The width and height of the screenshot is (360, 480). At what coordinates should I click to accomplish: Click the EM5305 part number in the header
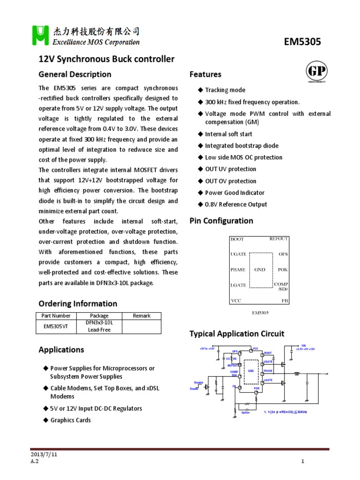[x=302, y=42]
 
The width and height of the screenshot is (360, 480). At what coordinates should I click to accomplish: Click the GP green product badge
[x=316, y=73]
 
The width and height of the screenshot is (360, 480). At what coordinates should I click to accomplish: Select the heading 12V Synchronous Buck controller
[x=106, y=60]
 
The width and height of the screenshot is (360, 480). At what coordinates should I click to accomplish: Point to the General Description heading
[x=75, y=75]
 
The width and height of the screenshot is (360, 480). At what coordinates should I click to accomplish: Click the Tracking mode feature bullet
[x=225, y=90]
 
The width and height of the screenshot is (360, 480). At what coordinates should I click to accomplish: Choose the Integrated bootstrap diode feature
[x=241, y=146]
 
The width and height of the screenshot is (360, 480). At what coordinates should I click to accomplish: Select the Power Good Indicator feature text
[x=234, y=193]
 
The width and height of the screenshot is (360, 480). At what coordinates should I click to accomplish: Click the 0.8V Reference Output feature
[x=236, y=204]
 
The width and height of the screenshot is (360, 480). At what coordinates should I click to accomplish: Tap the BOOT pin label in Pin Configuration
[x=237, y=239]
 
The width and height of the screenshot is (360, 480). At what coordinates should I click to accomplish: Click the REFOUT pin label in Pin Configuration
[x=278, y=239]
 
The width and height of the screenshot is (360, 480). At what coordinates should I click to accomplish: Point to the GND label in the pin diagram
[x=260, y=270]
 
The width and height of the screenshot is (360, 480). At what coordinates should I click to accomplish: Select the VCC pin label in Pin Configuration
[x=236, y=300]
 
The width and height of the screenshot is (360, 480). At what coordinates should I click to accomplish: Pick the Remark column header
[x=142, y=316]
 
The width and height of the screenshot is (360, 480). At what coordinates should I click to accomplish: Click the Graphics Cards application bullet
[x=70, y=420]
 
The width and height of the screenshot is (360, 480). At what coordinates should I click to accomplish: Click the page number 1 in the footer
[x=303, y=461]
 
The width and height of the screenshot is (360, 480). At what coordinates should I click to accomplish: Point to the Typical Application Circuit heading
[x=236, y=334]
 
